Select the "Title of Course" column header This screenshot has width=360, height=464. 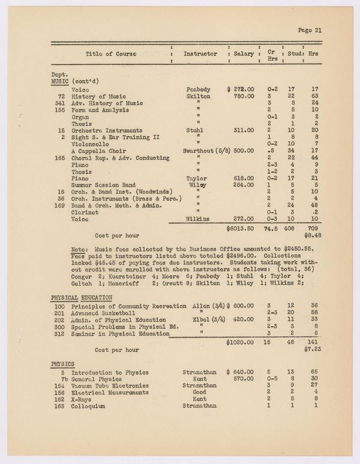tap(111, 54)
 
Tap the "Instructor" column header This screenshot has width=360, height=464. tap(200, 54)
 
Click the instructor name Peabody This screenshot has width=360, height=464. tap(199, 89)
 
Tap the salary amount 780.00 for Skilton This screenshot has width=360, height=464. tap(244, 96)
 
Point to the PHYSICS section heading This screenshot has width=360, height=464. tap(62, 364)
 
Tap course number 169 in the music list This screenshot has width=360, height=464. tap(59, 205)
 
